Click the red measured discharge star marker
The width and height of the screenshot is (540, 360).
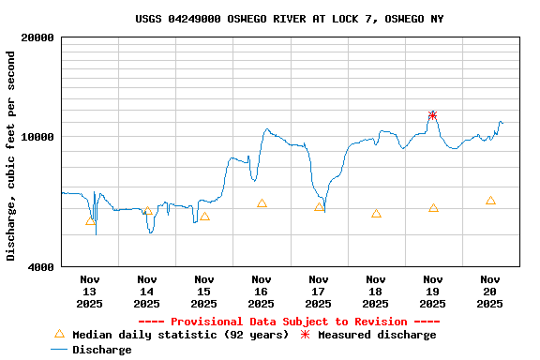433,115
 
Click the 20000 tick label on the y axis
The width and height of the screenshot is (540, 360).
40,38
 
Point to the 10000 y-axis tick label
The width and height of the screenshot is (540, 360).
40,137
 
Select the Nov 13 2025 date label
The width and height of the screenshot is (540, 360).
90,291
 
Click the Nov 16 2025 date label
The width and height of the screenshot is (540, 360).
262,291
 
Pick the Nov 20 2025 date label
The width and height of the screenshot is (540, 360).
490,291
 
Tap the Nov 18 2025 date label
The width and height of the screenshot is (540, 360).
376,291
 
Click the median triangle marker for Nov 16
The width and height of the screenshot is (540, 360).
262,203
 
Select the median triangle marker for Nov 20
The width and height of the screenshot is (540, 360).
490,201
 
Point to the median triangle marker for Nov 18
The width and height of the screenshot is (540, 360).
376,214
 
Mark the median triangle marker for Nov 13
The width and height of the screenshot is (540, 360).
90,221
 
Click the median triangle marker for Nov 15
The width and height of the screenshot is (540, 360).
204,217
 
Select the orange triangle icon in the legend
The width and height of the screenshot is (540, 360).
59,334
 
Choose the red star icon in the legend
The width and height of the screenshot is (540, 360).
305,335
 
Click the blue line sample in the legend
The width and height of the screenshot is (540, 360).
59,350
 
